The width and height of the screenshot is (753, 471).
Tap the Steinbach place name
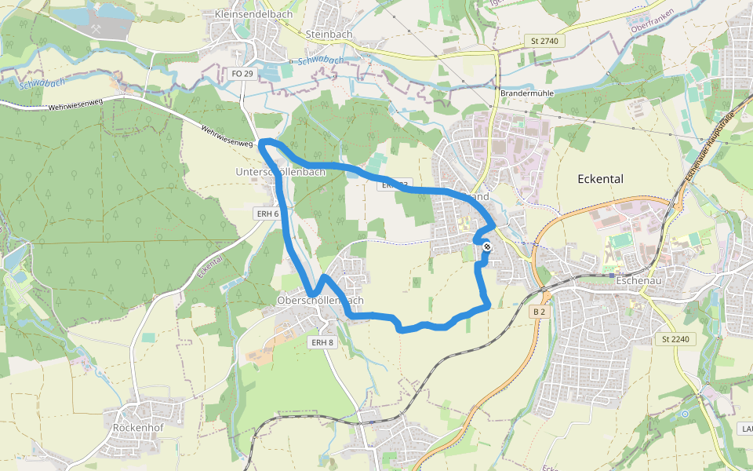click(329, 35)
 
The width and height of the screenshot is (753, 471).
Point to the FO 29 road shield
click(243, 73)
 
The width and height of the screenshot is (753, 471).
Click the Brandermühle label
click(522, 93)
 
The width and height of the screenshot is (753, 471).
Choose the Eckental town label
click(600, 179)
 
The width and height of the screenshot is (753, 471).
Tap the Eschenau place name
click(640, 279)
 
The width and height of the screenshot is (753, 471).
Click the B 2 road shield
click(539, 312)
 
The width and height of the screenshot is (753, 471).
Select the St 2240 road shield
click(675, 338)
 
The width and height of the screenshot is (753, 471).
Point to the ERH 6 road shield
click(267, 214)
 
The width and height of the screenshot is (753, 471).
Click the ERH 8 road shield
click(322, 342)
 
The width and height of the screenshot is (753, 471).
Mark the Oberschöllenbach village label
click(320, 301)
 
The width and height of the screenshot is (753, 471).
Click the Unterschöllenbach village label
click(280, 172)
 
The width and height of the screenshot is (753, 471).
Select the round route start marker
click(487, 247)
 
